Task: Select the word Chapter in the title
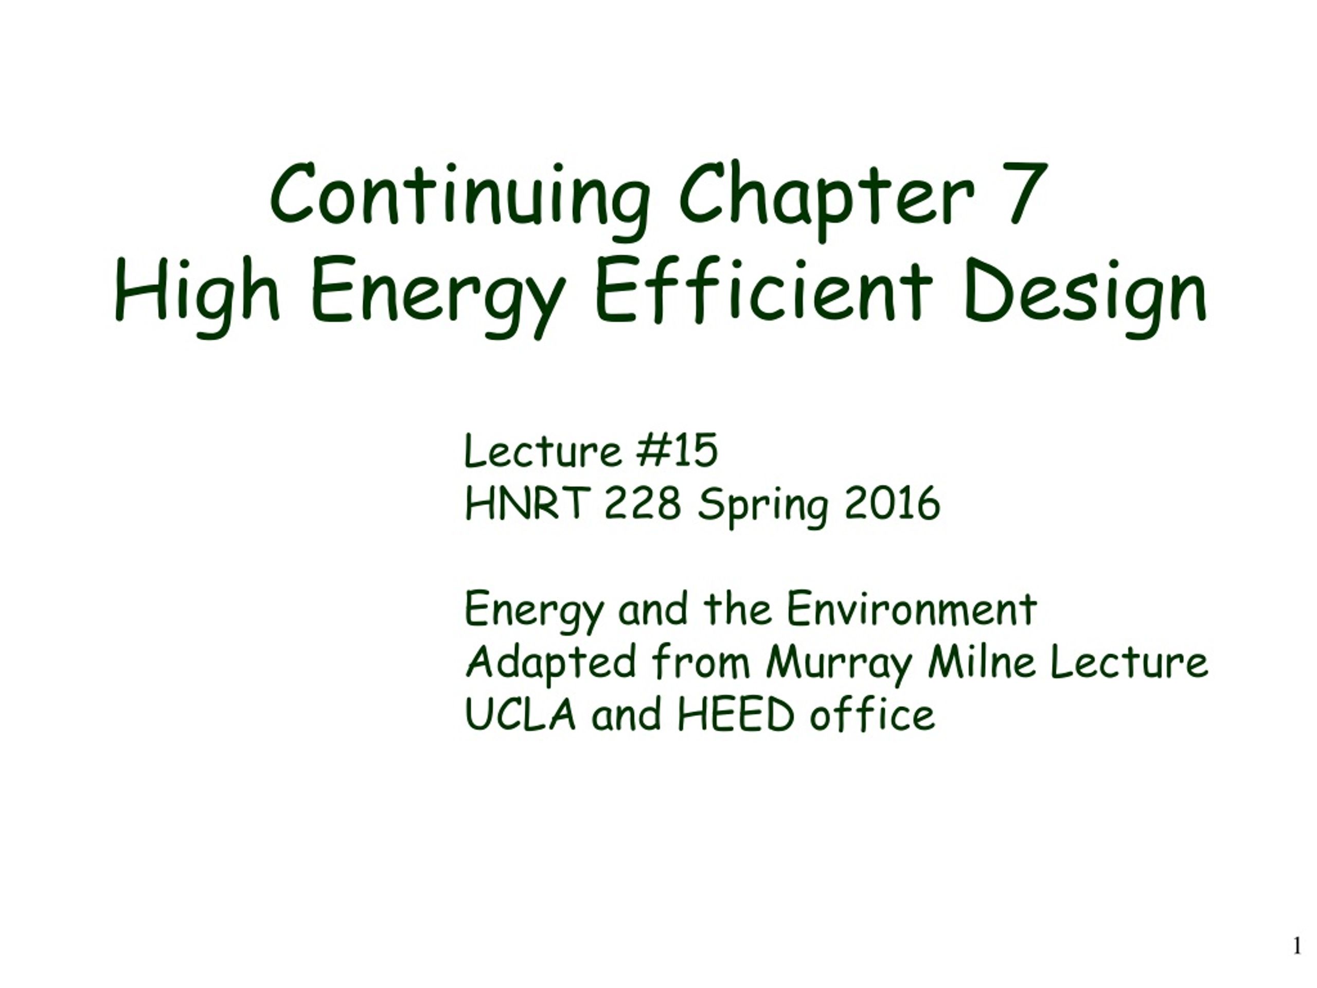coord(827,200)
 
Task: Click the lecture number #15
coord(677,451)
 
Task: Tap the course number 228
coord(643,503)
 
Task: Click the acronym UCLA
coord(520,714)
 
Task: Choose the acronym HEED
coord(736,714)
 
